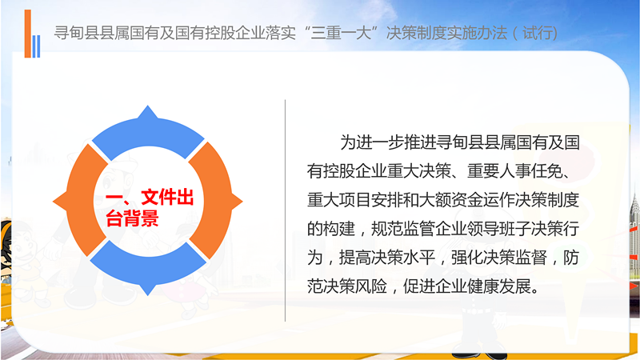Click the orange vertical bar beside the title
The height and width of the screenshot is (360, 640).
(x=28, y=34)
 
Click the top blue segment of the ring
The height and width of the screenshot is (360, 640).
(x=148, y=130)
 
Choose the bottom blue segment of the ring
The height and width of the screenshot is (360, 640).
(x=148, y=270)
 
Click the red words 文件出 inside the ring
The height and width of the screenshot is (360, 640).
(x=167, y=198)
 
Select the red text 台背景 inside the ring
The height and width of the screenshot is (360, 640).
(x=132, y=218)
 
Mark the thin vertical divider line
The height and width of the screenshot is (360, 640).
(x=285, y=210)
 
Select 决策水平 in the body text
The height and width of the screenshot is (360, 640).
(x=403, y=258)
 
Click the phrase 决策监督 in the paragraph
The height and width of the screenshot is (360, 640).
(x=515, y=258)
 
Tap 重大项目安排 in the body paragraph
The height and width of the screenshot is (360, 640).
(x=355, y=200)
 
